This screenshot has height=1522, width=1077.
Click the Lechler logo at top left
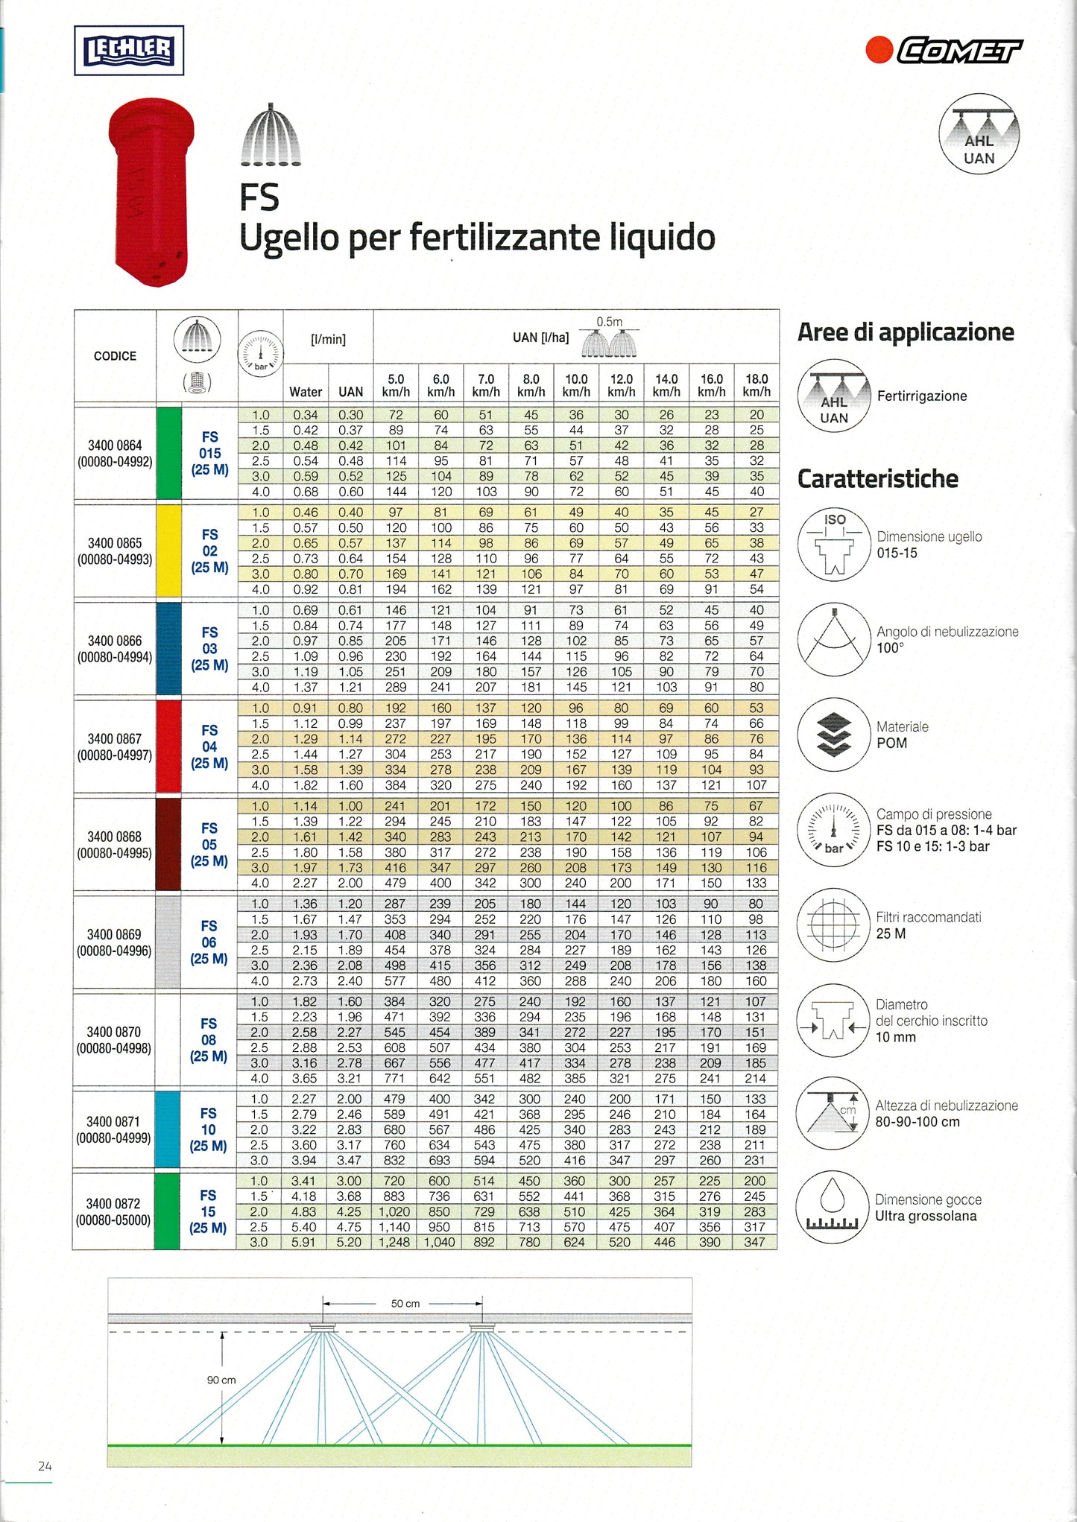(129, 51)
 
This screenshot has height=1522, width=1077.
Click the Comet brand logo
(945, 51)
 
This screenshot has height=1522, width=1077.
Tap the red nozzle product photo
(151, 192)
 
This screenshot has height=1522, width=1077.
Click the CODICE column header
(115, 356)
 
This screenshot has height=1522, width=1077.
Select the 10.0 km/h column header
(576, 385)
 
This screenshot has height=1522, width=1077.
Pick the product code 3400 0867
(114, 739)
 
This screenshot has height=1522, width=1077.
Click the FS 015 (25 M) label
(209, 454)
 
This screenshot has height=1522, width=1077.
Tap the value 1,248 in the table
(395, 1242)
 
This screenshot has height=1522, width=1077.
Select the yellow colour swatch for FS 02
(169, 551)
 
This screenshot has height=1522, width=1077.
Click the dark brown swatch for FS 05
(168, 844)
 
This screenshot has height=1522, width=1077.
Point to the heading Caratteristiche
(877, 479)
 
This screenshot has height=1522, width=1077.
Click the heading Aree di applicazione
(906, 332)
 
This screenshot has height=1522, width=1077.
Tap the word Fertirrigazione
(922, 396)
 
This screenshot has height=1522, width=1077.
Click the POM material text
(891, 743)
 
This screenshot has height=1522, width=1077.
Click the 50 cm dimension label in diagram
(405, 1304)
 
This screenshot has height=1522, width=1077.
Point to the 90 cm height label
(221, 1380)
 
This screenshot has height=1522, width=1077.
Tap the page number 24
(45, 1466)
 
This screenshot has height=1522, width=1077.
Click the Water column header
(306, 392)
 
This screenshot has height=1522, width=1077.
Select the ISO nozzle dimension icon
(834, 545)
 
